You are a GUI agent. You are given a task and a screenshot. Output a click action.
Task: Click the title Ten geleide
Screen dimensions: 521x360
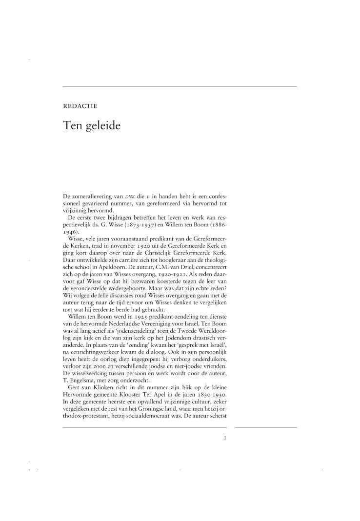point(92,125)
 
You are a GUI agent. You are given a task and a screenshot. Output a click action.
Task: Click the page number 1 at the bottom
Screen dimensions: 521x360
point(225,438)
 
